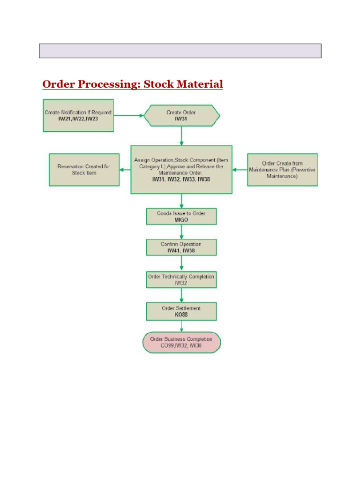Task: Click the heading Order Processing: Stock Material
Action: tap(133, 84)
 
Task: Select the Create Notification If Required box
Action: tap(78, 115)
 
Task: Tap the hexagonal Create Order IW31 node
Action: tap(181, 115)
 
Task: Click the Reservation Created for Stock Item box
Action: tap(84, 169)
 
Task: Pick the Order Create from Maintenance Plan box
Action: tap(282, 169)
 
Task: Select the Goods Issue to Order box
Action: tap(181, 216)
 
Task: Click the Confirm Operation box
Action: tap(181, 247)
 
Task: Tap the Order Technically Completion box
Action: tap(181, 279)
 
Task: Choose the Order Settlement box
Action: tap(181, 311)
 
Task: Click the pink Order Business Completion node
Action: tap(181, 342)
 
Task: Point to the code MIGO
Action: tap(181, 220)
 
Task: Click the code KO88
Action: tap(181, 315)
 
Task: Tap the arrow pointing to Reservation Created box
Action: tap(125, 170)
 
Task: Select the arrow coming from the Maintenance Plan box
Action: tap(240, 170)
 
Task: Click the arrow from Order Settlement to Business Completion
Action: tap(181, 326)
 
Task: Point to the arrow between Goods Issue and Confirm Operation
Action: tap(181, 232)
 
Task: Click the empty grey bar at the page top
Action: tap(180, 51)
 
